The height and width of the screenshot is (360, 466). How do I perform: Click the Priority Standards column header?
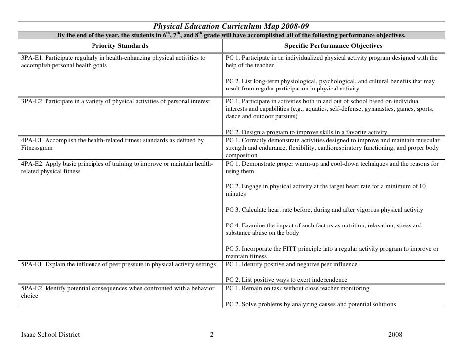tap(120, 46)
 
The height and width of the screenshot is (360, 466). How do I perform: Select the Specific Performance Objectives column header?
tap(333, 46)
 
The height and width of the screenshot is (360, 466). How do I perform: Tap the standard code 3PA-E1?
tap(32, 58)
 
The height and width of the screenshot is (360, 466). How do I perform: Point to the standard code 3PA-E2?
tap(32, 102)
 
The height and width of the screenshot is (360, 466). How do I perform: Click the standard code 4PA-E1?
tap(32, 141)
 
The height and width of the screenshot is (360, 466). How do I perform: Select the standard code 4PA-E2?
tap(32, 164)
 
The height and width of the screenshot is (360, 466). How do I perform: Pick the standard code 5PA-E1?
tap(32, 265)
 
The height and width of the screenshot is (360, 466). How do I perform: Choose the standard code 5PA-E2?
tap(32, 288)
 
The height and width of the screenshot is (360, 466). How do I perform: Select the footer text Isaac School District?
tap(50, 335)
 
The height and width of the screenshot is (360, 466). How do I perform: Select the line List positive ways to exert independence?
tap(289, 280)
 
